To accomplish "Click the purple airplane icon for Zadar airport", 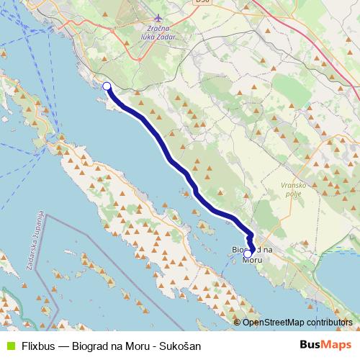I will pos(160,20).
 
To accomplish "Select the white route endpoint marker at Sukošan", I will pos(107,86).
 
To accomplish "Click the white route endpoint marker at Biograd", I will pos(248,253).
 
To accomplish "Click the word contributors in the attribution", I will pos(328,322).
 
